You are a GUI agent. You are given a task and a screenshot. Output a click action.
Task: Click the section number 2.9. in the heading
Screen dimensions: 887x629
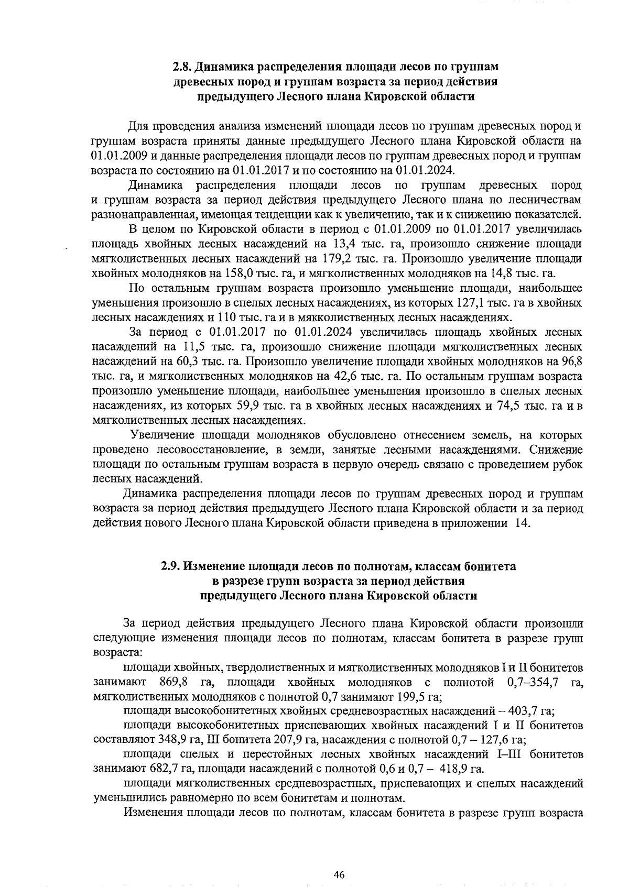[171, 566]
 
